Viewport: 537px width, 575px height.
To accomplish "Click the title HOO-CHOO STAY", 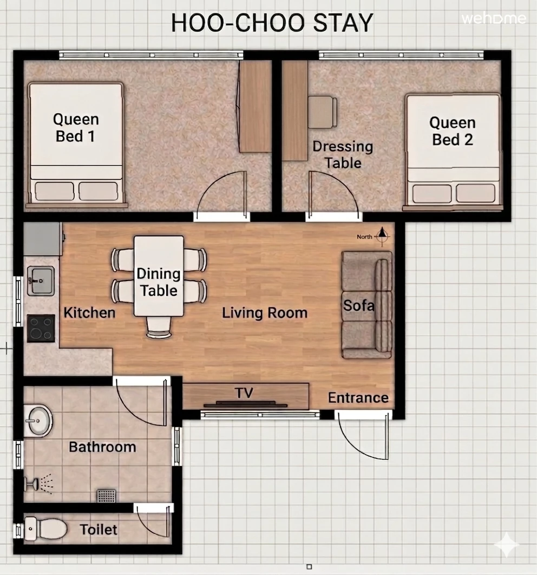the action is click(x=272, y=23).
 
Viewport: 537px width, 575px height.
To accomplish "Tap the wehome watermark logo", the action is click(x=494, y=18).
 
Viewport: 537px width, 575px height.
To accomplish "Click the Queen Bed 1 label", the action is click(x=76, y=128).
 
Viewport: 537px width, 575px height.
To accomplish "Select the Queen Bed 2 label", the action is click(x=453, y=131).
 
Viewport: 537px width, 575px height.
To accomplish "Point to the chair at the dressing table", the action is click(x=323, y=112).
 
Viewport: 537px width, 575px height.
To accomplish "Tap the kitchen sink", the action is click(x=41, y=281).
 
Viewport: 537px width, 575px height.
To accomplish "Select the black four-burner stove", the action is click(x=41, y=328).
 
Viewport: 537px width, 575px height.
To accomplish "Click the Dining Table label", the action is click(x=159, y=282).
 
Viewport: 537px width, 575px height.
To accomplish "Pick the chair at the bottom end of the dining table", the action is click(x=159, y=327).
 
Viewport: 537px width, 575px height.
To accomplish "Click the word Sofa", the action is click(x=359, y=305).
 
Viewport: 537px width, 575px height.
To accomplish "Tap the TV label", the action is click(x=244, y=393).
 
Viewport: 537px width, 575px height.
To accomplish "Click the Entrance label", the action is click(x=358, y=397).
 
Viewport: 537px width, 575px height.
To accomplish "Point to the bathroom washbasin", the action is click(x=38, y=421).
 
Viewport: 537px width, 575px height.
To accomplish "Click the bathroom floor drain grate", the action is click(x=106, y=496).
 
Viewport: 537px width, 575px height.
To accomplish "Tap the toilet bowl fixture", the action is click(x=45, y=529).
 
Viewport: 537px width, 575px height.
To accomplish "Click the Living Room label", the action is click(x=265, y=313).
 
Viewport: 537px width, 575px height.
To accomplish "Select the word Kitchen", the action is click(x=89, y=313).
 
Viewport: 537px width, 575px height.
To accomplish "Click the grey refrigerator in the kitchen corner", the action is click(x=43, y=239).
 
